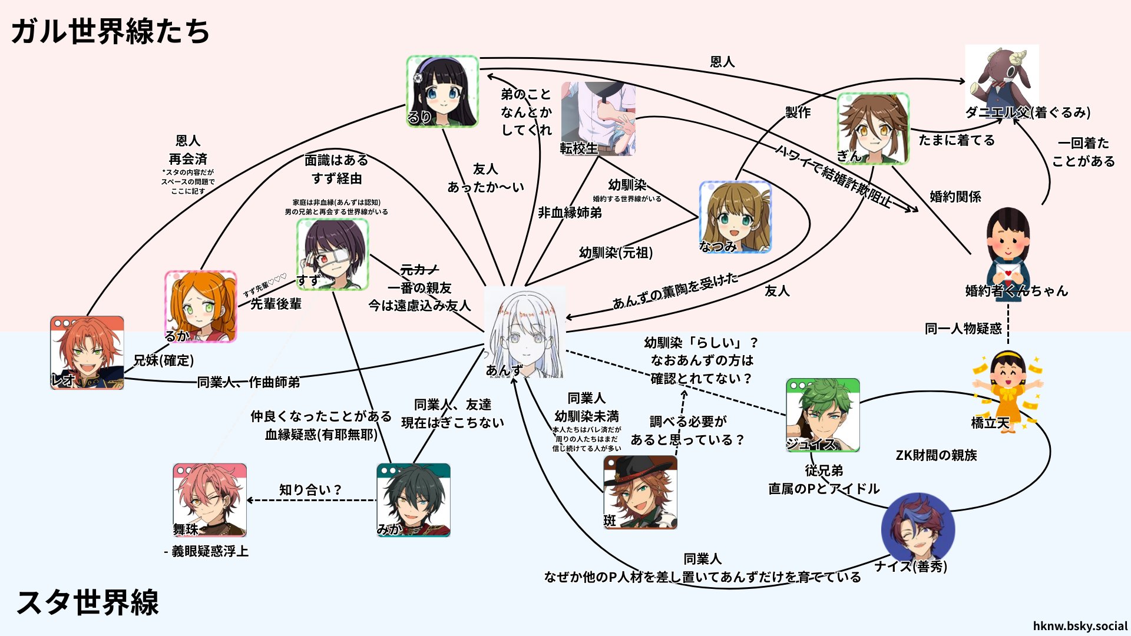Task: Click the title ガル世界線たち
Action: pos(110,31)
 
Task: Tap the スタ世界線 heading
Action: pos(88,602)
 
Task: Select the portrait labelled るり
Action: pos(442,91)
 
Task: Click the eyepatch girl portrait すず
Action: pos(333,254)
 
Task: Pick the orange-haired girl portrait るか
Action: pos(201,306)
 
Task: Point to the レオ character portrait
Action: pos(87,353)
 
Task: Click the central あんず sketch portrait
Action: pos(524,333)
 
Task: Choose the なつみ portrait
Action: pos(735,217)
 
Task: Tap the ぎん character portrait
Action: pos(873,128)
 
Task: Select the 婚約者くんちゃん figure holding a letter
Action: pos(1008,253)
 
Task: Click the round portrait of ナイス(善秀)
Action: pos(918,528)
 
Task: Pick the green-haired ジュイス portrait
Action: pos(822,415)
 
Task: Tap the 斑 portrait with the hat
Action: pos(640,492)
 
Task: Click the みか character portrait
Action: pos(414,500)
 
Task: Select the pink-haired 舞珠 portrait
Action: pos(210,499)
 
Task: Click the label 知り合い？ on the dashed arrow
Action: pos(310,490)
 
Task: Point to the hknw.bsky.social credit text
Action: pos(1080,626)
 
